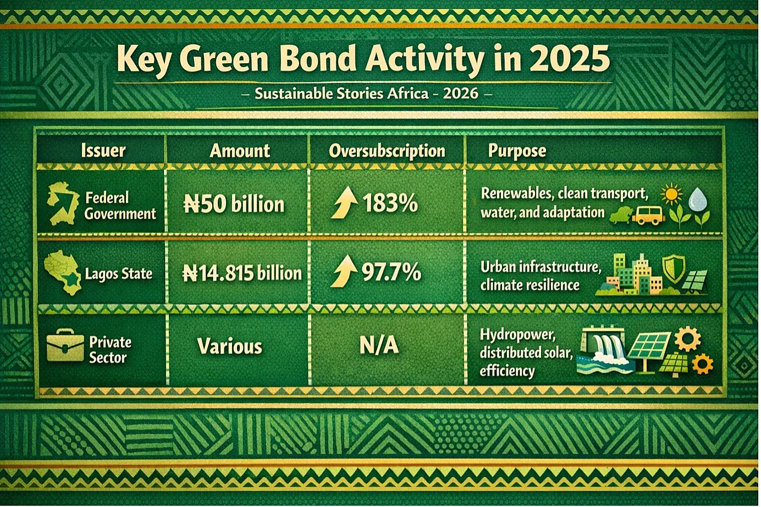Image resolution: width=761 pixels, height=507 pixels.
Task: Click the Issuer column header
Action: point(103,151)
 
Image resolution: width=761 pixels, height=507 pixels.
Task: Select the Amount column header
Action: point(240,151)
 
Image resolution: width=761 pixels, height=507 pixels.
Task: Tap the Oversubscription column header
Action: point(387,151)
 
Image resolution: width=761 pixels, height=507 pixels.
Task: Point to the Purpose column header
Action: point(517,151)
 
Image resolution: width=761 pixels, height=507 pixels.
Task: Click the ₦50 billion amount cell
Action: point(234,205)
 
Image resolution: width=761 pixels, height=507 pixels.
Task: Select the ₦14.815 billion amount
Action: point(242,273)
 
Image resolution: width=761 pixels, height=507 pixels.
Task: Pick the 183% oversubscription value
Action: point(390,204)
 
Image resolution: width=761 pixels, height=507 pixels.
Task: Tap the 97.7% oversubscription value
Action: point(391,272)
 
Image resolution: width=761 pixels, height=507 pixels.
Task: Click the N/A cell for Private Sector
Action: point(379,346)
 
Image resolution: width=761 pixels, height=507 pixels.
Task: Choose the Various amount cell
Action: point(230,346)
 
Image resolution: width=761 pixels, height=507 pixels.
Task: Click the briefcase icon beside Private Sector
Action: point(65,345)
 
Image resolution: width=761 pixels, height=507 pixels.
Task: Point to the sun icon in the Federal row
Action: point(671,194)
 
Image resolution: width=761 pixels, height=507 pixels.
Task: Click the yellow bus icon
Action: point(649,215)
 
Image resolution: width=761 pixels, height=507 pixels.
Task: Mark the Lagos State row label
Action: point(119,274)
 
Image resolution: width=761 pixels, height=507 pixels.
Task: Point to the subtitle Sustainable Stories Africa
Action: point(341,93)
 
